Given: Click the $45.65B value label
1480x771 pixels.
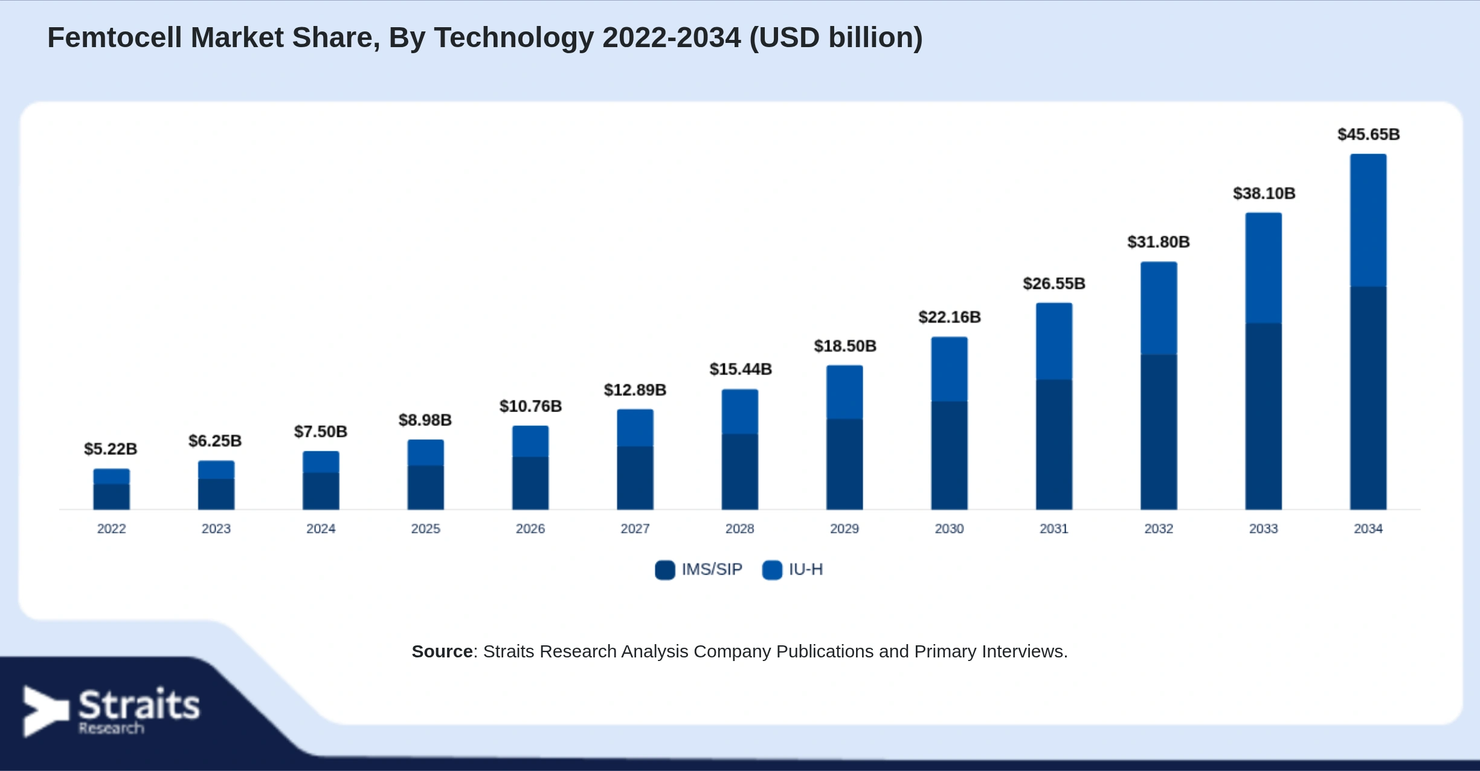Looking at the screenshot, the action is tap(1368, 134).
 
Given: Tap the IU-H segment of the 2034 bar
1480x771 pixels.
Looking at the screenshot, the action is tap(1368, 220).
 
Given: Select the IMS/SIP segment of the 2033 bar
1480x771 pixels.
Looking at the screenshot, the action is tap(1263, 416).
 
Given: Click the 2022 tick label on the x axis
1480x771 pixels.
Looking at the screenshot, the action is tap(112, 529).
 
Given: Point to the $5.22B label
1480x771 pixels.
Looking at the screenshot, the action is tap(111, 449).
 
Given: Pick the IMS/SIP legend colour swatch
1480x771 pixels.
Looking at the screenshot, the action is tap(664, 570).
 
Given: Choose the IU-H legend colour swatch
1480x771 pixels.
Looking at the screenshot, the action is tap(772, 570).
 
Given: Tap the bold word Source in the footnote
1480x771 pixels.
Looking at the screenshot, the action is tap(442, 651).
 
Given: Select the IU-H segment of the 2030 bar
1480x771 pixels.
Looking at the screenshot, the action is tap(949, 369).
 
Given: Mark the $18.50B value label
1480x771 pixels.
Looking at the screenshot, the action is tap(845, 346).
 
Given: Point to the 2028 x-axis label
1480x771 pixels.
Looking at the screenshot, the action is tap(740, 529).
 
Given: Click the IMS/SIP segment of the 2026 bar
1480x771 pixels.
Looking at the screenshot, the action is tap(530, 483).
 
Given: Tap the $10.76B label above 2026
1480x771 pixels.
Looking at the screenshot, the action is tap(530, 406).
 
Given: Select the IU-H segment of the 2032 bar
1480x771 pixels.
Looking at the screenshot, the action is tap(1159, 308).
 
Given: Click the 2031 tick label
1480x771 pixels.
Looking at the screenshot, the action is tap(1054, 529).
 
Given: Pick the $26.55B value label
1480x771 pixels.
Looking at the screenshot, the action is tap(1054, 283).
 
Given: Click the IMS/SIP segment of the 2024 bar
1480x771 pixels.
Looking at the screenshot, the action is tap(321, 491).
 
